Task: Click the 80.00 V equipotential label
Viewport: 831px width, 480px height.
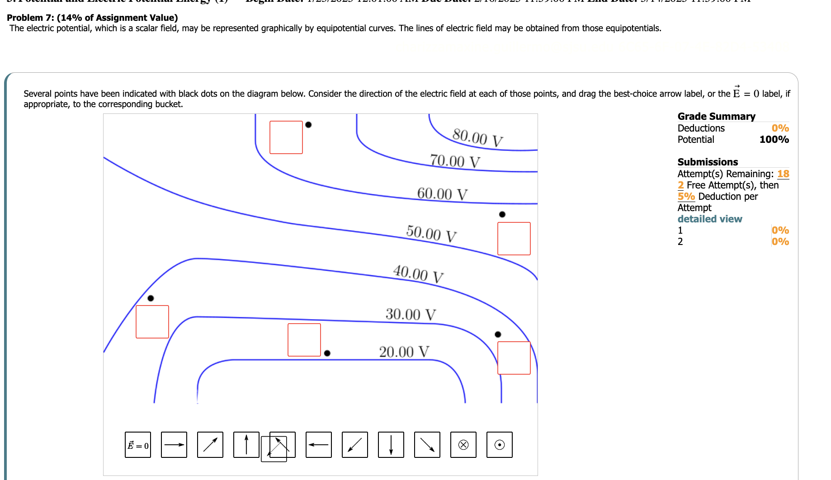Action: (477, 138)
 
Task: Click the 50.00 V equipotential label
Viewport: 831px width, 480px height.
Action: (431, 234)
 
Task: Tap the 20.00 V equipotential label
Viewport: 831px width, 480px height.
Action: (404, 352)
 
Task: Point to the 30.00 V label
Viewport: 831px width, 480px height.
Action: (411, 314)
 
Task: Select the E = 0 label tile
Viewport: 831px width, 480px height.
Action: (138, 445)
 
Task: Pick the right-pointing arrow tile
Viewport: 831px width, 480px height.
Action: (174, 445)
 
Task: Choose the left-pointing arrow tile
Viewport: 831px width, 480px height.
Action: (319, 445)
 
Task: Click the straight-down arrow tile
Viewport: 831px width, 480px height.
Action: (391, 445)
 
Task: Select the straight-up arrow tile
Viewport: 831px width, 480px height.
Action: (246, 445)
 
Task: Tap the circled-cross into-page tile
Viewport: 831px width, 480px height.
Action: (463, 445)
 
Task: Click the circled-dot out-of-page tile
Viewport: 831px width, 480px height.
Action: (500, 445)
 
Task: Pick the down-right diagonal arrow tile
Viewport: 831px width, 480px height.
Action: (427, 445)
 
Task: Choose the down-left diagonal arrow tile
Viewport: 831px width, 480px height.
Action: (355, 445)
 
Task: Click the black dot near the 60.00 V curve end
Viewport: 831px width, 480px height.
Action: (502, 214)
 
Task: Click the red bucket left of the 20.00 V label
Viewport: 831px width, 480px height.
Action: (304, 340)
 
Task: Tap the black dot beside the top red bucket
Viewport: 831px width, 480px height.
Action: (308, 125)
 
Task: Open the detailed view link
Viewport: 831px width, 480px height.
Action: (709, 219)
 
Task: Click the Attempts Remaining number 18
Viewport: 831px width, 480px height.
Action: (783, 174)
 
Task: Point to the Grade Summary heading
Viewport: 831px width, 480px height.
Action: (716, 117)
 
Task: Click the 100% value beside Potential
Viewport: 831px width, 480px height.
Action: (774, 140)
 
